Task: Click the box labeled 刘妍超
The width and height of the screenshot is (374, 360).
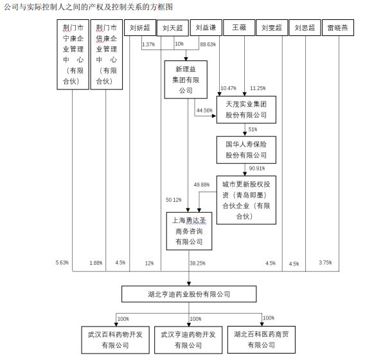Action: [139, 28]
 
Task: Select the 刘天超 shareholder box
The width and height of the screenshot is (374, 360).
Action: [173, 28]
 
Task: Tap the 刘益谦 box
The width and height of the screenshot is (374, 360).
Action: [206, 28]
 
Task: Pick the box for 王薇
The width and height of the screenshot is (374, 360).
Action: [238, 28]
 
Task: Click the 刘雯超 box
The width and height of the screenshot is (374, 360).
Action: [272, 28]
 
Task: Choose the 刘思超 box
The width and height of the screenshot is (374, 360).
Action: [304, 28]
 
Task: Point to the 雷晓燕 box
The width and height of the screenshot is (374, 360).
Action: [338, 28]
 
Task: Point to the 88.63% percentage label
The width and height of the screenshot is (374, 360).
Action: [208, 44]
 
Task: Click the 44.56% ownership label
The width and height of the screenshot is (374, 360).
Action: [204, 111]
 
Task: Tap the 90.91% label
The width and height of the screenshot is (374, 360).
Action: [256, 170]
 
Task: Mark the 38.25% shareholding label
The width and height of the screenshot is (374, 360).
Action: [197, 263]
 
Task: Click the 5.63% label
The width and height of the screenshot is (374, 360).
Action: [62, 262]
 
